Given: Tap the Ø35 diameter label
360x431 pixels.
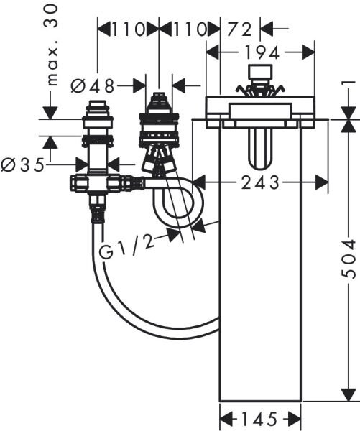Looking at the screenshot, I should pos(21,164).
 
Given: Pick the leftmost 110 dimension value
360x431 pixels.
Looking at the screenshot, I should pos(123,29).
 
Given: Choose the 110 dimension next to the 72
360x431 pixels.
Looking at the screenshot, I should pos(182,29).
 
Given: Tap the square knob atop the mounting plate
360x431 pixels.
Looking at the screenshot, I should pos(258,75).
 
